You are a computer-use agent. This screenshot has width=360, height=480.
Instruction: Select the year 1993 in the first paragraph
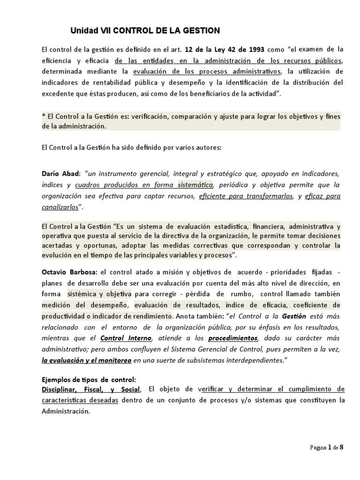coord(255,49)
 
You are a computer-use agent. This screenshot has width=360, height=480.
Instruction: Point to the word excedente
coord(59,94)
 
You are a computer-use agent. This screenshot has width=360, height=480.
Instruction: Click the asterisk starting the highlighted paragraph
coord(44,116)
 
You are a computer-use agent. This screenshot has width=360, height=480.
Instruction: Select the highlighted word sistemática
coord(195,185)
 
